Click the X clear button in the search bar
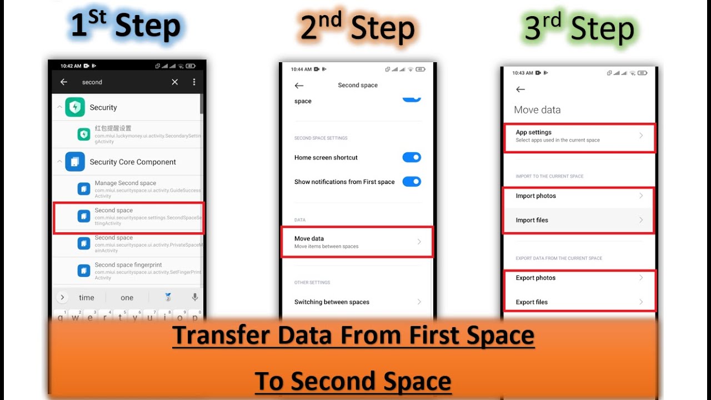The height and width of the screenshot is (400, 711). (x=174, y=82)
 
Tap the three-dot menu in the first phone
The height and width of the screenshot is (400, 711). (x=194, y=82)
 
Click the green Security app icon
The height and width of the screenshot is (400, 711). (x=75, y=107)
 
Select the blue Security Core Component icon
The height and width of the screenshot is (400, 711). (x=75, y=162)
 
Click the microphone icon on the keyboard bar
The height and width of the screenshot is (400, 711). (x=194, y=297)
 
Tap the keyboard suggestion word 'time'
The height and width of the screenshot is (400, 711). (x=87, y=298)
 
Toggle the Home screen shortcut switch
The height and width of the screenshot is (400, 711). (x=412, y=157)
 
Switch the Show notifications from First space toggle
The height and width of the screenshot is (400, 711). (x=412, y=182)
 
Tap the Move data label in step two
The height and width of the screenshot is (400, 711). (x=309, y=239)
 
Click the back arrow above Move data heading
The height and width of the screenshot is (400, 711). (x=520, y=89)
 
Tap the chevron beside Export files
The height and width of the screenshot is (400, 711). (x=641, y=302)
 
